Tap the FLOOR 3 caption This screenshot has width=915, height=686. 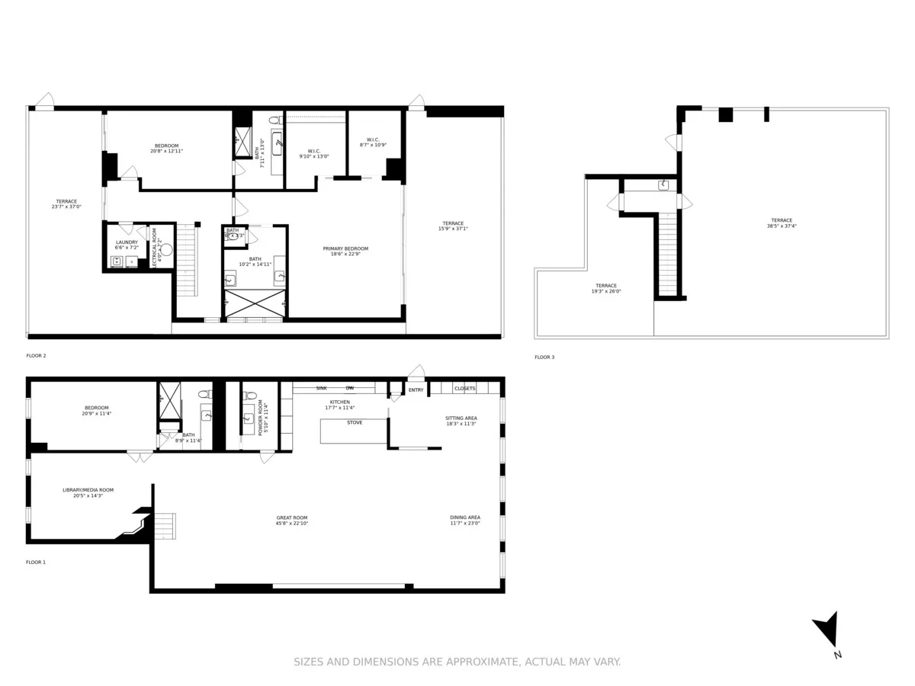(x=544, y=357)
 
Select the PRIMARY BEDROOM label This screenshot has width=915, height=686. (x=345, y=248)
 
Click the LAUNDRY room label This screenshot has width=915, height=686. (x=127, y=242)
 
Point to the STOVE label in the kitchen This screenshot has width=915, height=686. (x=355, y=422)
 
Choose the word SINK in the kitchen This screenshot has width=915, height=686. (x=322, y=388)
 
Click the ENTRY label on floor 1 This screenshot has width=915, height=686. (x=416, y=390)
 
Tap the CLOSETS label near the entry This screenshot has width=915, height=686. (x=464, y=389)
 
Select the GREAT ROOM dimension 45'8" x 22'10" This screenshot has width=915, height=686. (x=292, y=524)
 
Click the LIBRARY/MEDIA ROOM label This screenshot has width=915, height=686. (x=88, y=490)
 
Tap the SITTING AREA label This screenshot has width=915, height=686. (x=461, y=418)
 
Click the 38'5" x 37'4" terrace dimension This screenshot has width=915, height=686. (x=782, y=226)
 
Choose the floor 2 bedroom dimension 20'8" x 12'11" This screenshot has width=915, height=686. (x=166, y=151)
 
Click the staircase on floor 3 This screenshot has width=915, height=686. (x=667, y=255)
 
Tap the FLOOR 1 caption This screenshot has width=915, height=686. (x=36, y=562)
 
